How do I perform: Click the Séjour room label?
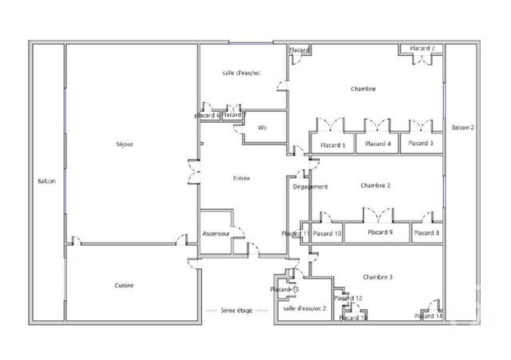point(124,144)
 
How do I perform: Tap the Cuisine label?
point(123,285)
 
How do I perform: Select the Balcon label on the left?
point(46,182)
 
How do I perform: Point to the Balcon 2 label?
point(462,128)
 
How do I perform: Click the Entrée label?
point(240,178)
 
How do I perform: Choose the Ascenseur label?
point(216,233)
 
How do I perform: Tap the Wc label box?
point(262,128)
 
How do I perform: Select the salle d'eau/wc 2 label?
point(304,307)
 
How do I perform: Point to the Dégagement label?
point(311,187)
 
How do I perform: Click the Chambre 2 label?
point(375,185)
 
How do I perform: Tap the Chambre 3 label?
point(378,276)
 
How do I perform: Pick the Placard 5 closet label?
point(332,144)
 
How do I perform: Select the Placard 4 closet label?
point(377,144)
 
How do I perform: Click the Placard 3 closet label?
point(420,144)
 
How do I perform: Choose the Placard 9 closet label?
point(380,232)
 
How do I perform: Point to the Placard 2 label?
point(422,49)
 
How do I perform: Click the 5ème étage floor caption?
point(237,310)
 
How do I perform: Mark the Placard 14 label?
point(428,316)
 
